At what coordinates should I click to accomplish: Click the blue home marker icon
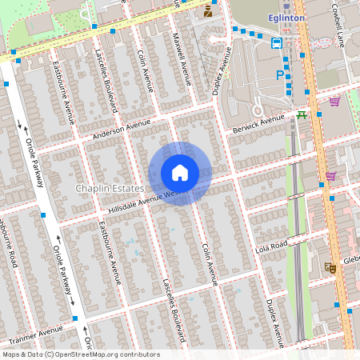point(180,173)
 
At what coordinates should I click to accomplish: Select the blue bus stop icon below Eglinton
point(277,42)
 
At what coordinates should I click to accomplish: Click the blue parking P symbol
point(279,74)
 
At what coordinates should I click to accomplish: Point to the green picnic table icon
point(302,114)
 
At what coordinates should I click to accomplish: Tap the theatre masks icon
point(329,267)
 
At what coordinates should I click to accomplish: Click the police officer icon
point(208,10)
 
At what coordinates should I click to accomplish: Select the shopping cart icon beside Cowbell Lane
point(334,101)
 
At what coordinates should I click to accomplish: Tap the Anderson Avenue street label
point(121,129)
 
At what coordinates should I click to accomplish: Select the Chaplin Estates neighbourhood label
point(109,188)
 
